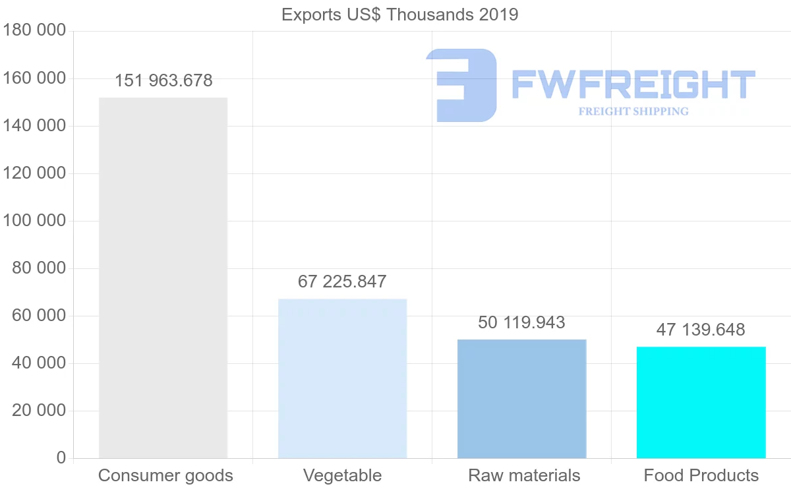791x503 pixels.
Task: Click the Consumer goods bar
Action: [x=163, y=278]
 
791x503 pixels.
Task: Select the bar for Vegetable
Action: [x=342, y=378]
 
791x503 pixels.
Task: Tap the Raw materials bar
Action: [x=521, y=399]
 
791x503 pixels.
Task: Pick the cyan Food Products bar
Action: [x=701, y=402]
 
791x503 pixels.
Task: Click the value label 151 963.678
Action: [x=163, y=81]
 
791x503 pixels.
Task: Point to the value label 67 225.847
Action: [x=342, y=282]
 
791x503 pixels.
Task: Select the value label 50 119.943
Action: [x=521, y=322]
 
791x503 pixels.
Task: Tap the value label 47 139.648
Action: [x=700, y=330]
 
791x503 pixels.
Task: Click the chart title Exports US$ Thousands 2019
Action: [x=399, y=15]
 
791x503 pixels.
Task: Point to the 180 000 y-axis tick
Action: [x=34, y=30]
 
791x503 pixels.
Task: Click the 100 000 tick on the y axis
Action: [x=34, y=221]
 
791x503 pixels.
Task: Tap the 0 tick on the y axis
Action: [x=61, y=458]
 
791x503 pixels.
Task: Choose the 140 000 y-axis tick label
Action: [x=34, y=126]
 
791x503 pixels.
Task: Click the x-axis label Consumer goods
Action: [x=165, y=475]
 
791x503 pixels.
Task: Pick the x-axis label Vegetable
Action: [x=342, y=475]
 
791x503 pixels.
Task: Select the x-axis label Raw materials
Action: [x=524, y=475]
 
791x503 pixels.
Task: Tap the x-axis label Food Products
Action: [x=701, y=475]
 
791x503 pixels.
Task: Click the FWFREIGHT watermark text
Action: [x=633, y=85]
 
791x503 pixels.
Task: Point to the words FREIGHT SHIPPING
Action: [x=633, y=111]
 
